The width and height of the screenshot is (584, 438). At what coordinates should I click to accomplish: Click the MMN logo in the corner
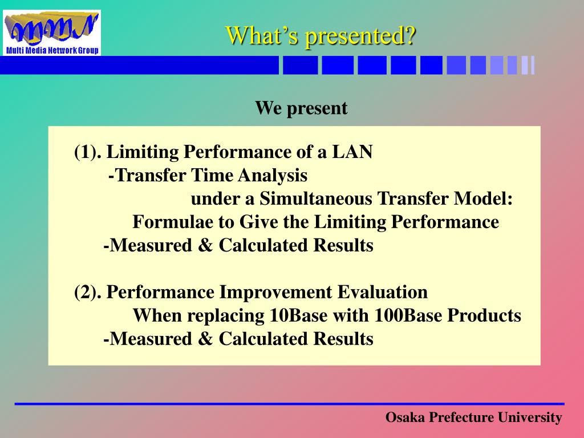(x=52, y=33)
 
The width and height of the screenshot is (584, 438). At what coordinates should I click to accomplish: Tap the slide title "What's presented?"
(x=321, y=36)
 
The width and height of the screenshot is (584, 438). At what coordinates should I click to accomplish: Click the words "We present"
(x=301, y=108)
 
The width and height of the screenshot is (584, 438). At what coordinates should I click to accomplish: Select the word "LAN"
(x=352, y=152)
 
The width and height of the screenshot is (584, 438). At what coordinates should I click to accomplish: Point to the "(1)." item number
(x=87, y=152)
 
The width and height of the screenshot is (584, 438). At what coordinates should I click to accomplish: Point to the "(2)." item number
(x=87, y=293)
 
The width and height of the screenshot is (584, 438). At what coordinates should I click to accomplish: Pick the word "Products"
(x=484, y=315)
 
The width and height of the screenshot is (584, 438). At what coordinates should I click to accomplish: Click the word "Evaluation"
(x=383, y=292)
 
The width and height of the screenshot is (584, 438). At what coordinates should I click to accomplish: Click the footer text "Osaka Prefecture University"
(x=474, y=417)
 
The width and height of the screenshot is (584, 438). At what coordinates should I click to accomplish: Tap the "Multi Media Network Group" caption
(x=52, y=50)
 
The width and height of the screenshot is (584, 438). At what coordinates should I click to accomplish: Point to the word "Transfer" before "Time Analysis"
(x=151, y=176)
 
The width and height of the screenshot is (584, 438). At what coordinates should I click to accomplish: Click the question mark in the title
(x=409, y=36)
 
